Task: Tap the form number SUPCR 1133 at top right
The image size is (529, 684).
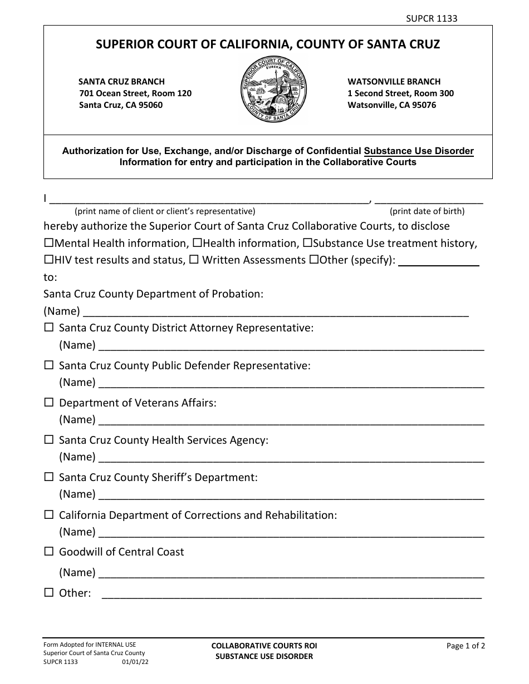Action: tap(431, 18)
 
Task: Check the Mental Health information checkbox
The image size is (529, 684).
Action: tap(48, 243)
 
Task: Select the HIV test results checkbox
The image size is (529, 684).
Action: tap(48, 260)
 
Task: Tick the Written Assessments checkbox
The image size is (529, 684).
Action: tap(194, 260)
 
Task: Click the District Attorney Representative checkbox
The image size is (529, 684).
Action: tap(49, 328)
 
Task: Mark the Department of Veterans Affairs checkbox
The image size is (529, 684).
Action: tap(49, 402)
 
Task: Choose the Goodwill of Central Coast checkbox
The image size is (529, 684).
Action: tap(49, 552)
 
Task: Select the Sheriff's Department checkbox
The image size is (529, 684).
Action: tap(49, 477)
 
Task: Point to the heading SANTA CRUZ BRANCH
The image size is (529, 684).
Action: tap(122, 82)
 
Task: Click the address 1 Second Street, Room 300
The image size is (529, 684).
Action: tap(400, 93)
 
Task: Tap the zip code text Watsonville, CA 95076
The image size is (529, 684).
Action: tap(392, 105)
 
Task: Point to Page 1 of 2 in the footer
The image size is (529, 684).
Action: tap(466, 646)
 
